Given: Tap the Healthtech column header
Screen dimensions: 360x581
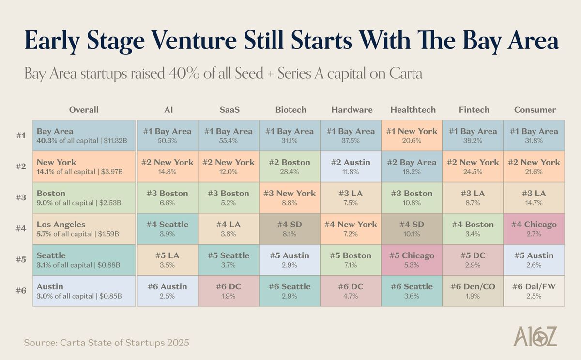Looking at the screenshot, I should click(x=413, y=110).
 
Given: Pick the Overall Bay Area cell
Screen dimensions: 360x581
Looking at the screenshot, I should click(x=84, y=135).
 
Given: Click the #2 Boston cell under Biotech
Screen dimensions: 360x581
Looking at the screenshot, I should click(x=290, y=166).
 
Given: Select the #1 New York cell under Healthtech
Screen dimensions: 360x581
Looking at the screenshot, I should click(x=412, y=135).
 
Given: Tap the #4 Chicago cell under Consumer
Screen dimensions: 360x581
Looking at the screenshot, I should click(x=535, y=228).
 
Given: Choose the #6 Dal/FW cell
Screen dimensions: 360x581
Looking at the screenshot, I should click(x=535, y=291).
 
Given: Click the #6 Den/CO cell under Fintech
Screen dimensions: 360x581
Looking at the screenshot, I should click(x=473, y=291).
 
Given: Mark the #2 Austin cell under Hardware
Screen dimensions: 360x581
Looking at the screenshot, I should click(x=351, y=166).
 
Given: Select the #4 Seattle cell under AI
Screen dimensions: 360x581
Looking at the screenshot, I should click(x=167, y=228).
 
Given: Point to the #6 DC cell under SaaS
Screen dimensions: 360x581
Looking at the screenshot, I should click(x=228, y=291).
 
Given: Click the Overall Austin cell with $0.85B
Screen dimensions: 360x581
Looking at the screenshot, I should click(x=84, y=291).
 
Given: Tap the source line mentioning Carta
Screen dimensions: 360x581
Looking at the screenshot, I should click(x=106, y=343).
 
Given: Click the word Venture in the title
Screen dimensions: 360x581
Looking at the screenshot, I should click(x=190, y=41).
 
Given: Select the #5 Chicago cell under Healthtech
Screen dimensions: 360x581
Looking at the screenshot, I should click(x=412, y=260).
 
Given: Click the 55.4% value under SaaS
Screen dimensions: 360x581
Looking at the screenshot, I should click(x=228, y=140).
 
